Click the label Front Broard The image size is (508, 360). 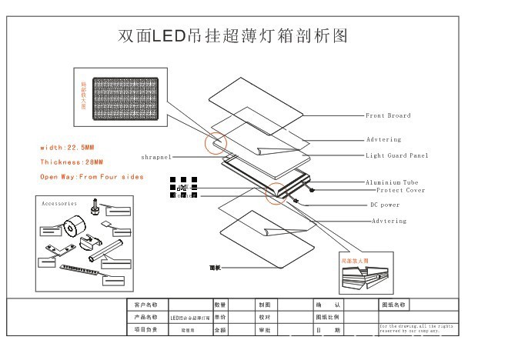click(x=388, y=115)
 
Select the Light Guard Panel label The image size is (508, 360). click(x=397, y=155)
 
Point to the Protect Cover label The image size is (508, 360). click(x=400, y=190)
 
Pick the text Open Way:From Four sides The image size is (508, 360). click(x=92, y=177)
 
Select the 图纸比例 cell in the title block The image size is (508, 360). click(x=329, y=317)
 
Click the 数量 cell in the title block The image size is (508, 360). click(x=220, y=305)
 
